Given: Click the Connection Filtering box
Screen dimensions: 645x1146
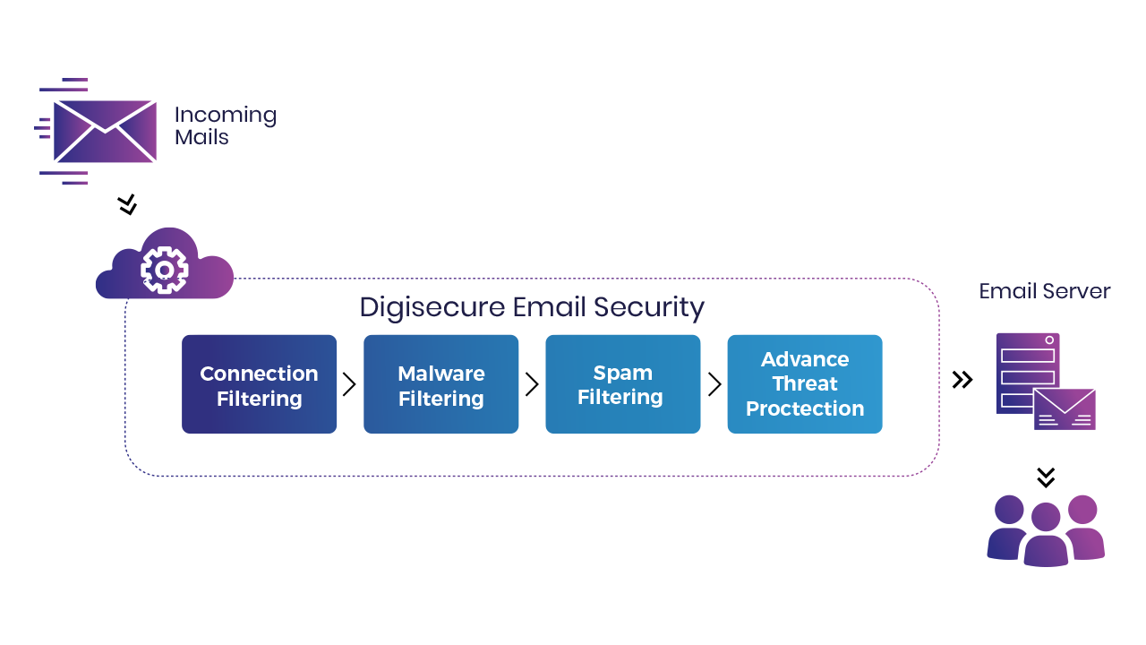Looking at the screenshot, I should (x=260, y=384).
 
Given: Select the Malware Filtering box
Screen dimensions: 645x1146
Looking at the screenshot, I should (x=441, y=384).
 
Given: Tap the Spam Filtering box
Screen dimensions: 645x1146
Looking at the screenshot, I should (x=623, y=384).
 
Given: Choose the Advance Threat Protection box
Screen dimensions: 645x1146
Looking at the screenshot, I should (x=805, y=384).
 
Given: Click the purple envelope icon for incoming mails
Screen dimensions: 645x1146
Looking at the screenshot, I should (x=105, y=132).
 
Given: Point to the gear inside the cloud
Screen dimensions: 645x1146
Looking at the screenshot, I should (x=164, y=269).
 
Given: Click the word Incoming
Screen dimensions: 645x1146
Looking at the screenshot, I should (x=225, y=116).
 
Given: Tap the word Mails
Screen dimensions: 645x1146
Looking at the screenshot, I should (x=201, y=138).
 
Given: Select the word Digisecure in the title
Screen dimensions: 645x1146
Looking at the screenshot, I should (x=432, y=307).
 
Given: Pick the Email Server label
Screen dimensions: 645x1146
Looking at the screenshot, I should (x=1044, y=292).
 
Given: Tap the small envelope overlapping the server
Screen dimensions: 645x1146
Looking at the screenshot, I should (x=1065, y=409).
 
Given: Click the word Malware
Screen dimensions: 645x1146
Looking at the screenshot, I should (x=441, y=374).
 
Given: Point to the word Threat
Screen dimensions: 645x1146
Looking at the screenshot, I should (x=805, y=384).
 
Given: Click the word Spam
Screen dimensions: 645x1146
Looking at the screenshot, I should (x=623, y=373).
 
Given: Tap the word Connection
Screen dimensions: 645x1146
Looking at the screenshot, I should (x=259, y=374).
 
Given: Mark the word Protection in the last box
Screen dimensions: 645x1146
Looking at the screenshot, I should (x=805, y=409).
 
